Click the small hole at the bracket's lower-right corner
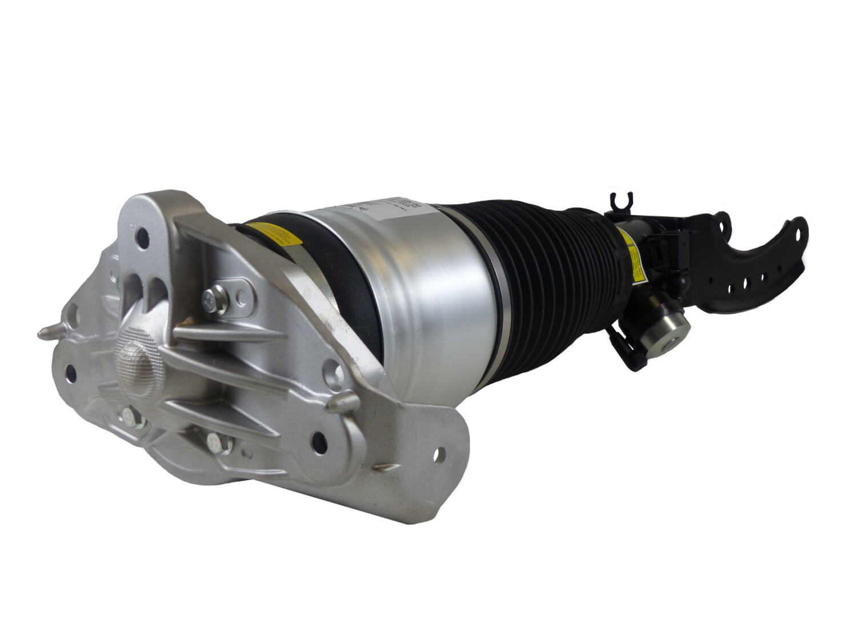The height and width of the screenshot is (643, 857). click(x=441, y=456)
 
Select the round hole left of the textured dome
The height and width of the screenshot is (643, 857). click(x=72, y=373)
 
